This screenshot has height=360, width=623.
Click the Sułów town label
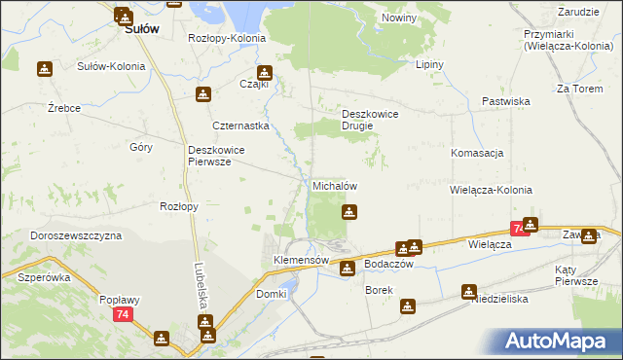pos(141,29)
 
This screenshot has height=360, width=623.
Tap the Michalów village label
pos(337,186)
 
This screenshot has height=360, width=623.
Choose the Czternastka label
pos(240,126)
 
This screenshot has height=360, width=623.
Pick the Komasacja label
pos(477,154)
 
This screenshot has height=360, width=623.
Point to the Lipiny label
pos(429,65)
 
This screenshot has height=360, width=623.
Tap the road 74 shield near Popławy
pos(122,315)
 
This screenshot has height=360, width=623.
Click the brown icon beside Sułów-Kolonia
pos(44,68)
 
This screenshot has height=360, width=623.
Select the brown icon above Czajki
pos(264,72)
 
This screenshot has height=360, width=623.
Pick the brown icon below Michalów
pos(348,211)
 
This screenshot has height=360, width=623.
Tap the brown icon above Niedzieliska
pos(469,290)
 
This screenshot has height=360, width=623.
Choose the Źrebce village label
pos(64,108)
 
